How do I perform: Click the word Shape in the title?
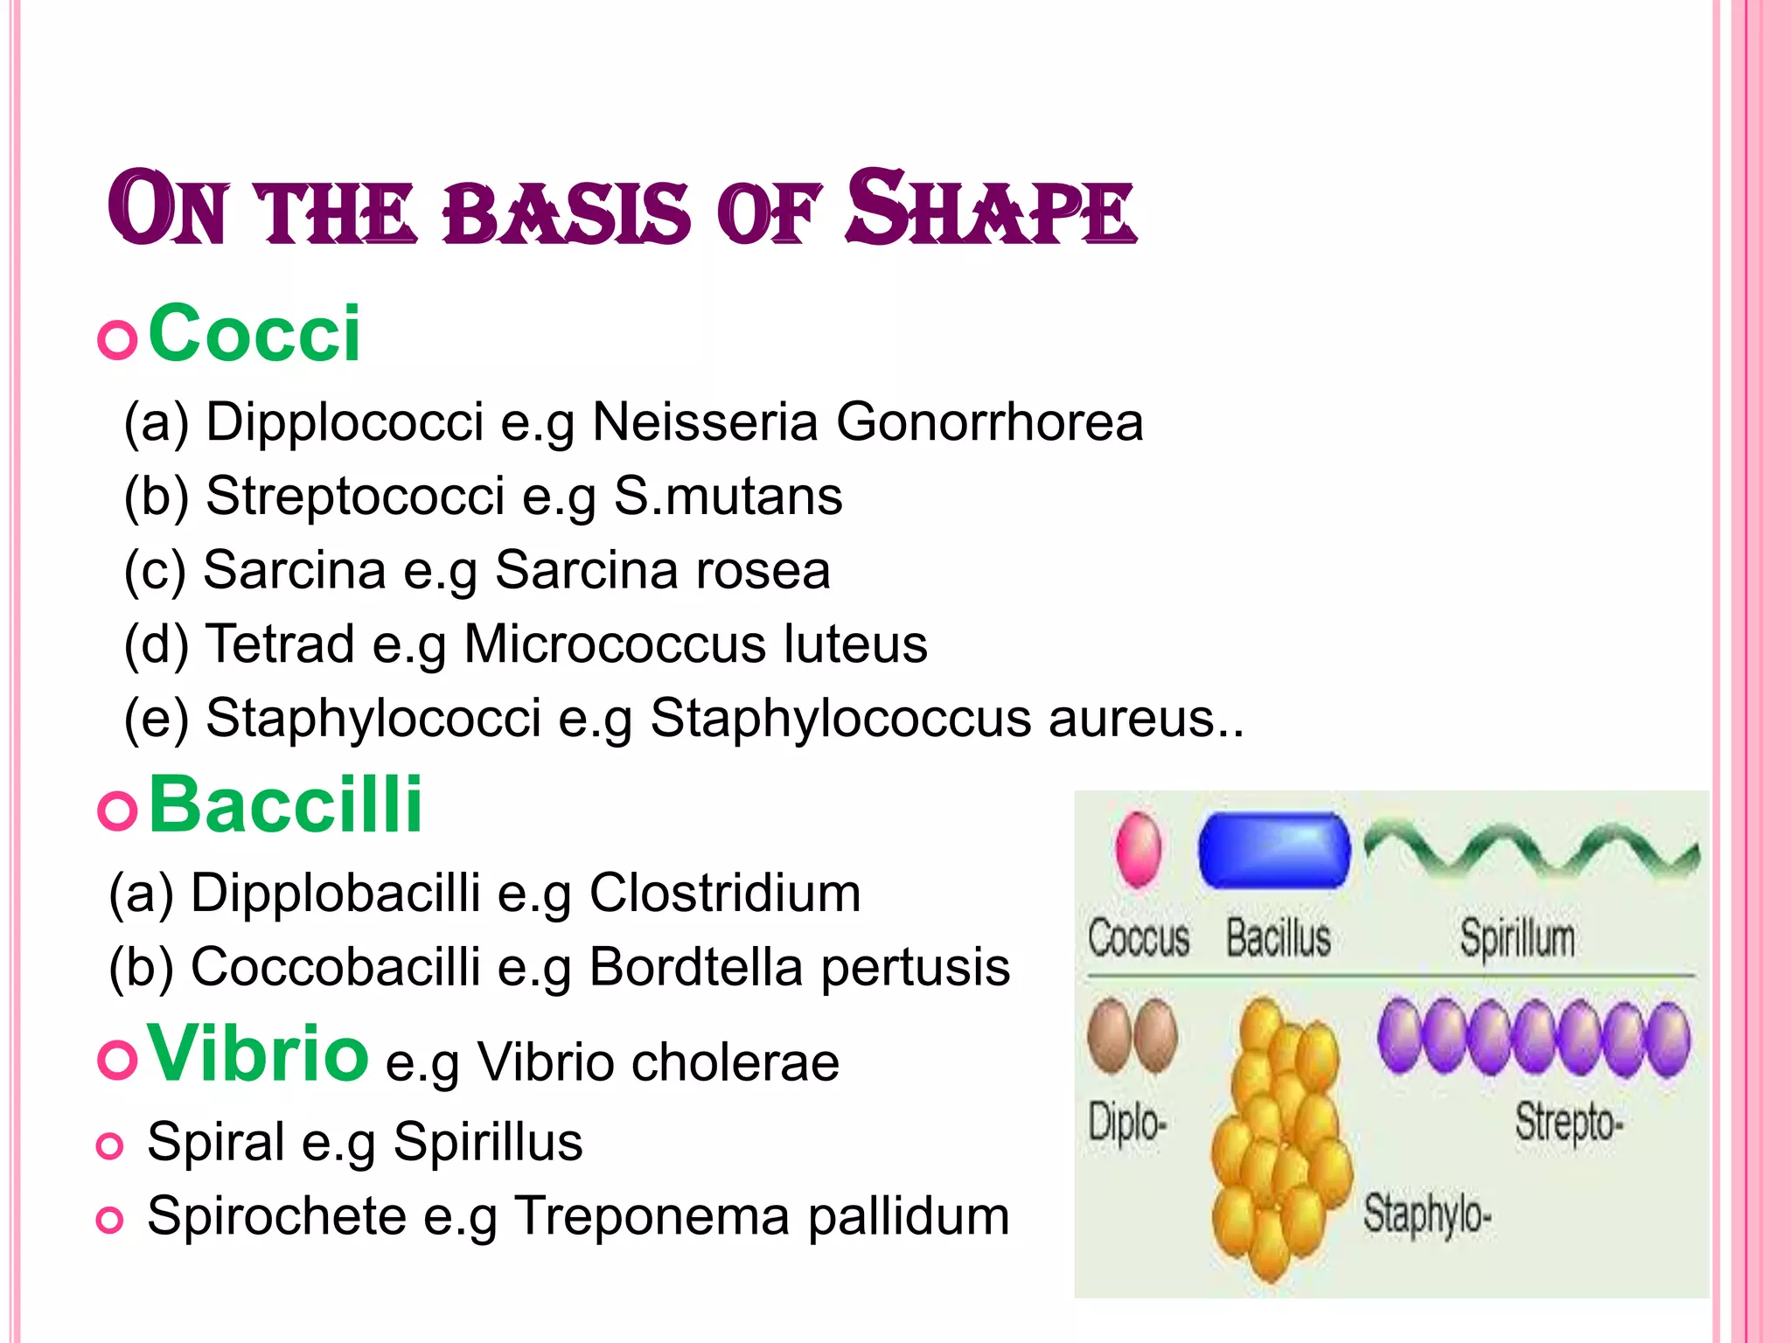[x=990, y=210]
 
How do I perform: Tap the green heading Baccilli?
[x=285, y=805]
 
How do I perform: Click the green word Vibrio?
[x=258, y=1054]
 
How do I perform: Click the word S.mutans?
[x=728, y=496]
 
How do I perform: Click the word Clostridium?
[x=725, y=893]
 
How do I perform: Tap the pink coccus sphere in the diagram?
[x=1139, y=849]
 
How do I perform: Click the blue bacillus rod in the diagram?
[x=1273, y=851]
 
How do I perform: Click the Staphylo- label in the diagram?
[x=1426, y=1214]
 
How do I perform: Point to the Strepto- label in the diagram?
[x=1569, y=1122]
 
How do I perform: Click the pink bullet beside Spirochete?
[x=109, y=1219]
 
